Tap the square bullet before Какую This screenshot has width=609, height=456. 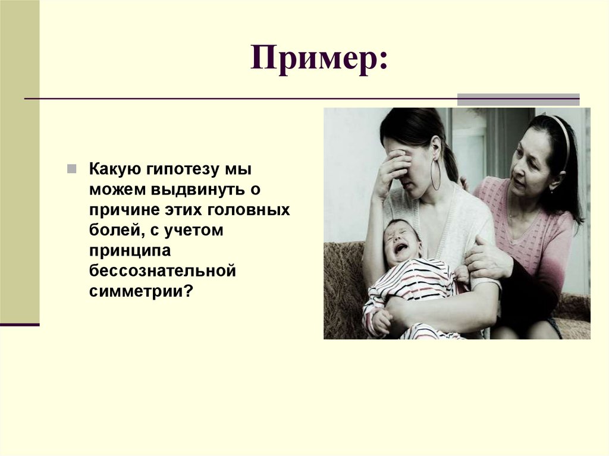click(71, 169)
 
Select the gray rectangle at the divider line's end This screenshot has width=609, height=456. click(518, 99)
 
